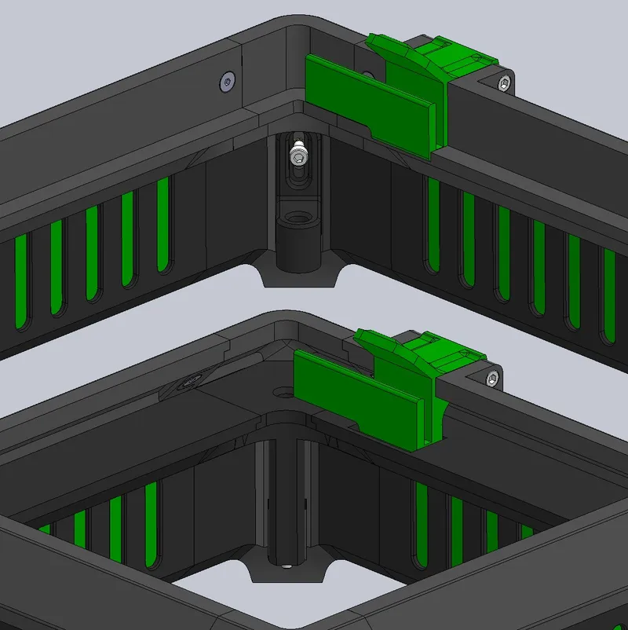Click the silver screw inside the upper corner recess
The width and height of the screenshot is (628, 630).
click(x=298, y=155)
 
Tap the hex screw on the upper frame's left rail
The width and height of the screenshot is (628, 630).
click(x=228, y=80)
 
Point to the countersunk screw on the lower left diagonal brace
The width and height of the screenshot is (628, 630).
click(x=188, y=383)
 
